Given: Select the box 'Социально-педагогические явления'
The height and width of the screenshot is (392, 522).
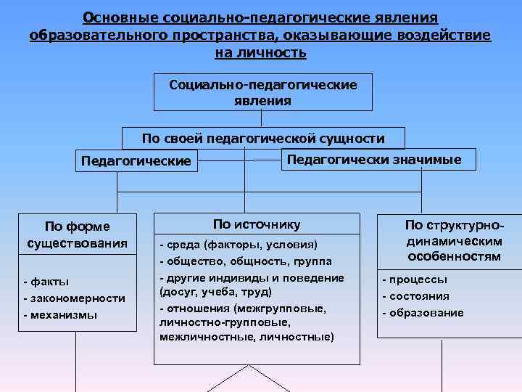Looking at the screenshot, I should pos(262,93).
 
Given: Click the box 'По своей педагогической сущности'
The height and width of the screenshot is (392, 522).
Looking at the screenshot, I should pos(262,138).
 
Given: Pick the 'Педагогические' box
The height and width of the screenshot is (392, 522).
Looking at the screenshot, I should pos(136,160).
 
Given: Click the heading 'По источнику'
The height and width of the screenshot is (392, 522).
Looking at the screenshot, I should pos(257,224).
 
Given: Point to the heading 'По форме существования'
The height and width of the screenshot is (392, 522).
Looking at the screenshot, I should pos(77,234).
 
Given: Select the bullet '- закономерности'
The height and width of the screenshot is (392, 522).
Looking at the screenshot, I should pos(74,298).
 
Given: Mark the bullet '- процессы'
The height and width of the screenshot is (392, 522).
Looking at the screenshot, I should pos(415,279).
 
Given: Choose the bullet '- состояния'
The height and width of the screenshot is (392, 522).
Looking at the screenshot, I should pos(415,296).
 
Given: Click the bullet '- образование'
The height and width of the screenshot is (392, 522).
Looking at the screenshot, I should pos(423,313).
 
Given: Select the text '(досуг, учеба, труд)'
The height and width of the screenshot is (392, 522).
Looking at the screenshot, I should pos(215,291).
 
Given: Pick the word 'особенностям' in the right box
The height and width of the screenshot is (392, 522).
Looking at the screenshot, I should pos(453,256).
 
